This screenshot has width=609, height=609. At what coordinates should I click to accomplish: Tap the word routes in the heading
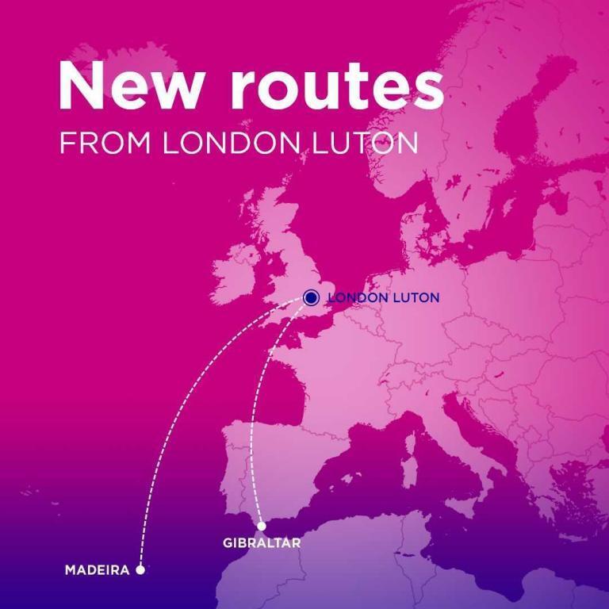[x=336, y=87]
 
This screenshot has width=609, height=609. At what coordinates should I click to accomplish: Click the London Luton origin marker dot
[x=311, y=298]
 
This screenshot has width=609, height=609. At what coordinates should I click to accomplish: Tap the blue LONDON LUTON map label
[x=383, y=298]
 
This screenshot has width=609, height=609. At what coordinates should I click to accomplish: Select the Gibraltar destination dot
[x=262, y=526]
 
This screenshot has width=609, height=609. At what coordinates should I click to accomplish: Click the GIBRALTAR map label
[x=262, y=544]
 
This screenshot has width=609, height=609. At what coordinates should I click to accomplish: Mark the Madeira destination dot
[x=140, y=569]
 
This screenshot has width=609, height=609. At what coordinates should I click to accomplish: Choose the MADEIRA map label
[x=97, y=569]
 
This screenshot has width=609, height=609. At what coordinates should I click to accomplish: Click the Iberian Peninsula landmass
[x=262, y=468]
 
